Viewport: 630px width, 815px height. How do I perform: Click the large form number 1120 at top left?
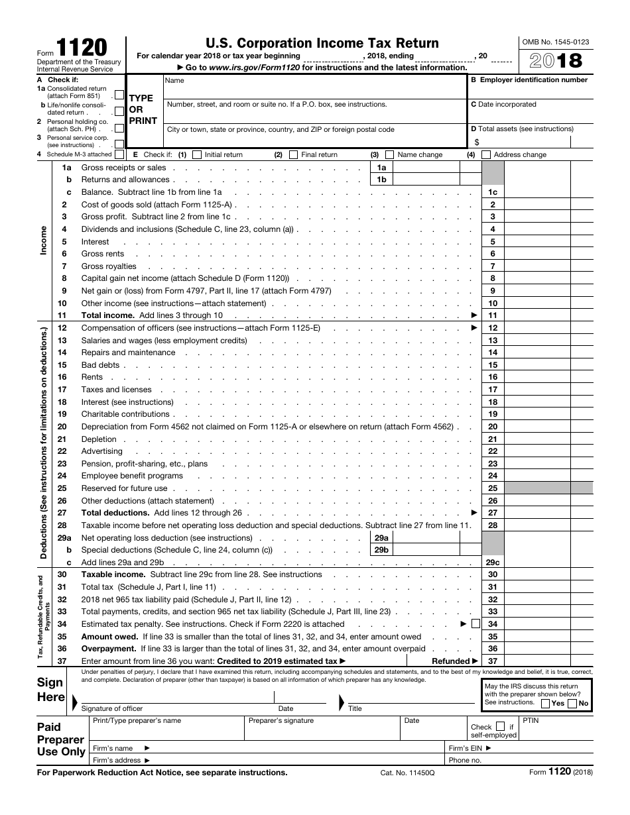pos(81,49)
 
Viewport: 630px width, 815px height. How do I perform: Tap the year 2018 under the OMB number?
pos(556,60)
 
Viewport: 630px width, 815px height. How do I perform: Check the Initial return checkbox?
pos(197,155)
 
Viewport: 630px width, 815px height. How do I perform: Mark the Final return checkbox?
pos(293,155)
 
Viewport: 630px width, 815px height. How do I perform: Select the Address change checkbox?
pos(486,155)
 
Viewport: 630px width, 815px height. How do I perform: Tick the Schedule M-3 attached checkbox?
pos(119,154)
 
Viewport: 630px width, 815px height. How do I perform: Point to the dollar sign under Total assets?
pos(476,142)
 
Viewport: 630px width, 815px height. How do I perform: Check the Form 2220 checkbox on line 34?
pos(475,624)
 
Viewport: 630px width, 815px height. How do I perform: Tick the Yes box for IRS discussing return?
pos(545,704)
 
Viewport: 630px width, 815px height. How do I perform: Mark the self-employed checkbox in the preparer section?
pos(501,726)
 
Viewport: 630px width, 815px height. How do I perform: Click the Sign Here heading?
pos(51,690)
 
